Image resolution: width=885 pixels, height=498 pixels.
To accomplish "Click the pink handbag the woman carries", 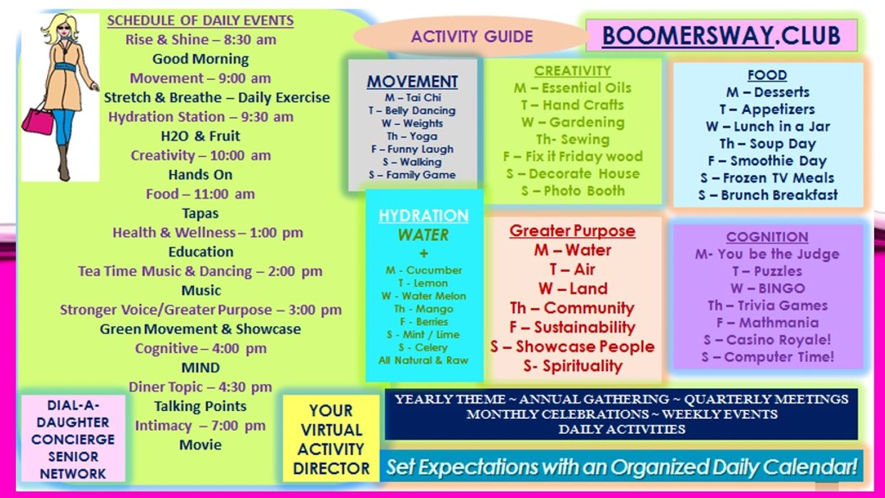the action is click(x=38, y=121).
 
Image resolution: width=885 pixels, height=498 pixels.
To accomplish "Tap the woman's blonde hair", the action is click(x=59, y=29).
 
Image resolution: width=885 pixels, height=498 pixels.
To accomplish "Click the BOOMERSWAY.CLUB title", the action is click(x=721, y=36).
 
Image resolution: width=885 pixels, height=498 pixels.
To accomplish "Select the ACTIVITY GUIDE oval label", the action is click(x=472, y=36).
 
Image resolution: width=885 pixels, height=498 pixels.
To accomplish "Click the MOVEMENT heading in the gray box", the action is click(x=412, y=82).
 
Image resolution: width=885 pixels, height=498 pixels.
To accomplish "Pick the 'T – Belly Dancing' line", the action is click(x=412, y=111).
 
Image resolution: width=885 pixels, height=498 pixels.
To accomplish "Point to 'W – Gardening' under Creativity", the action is click(x=573, y=123).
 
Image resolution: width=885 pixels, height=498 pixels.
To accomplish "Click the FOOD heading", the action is click(x=767, y=75).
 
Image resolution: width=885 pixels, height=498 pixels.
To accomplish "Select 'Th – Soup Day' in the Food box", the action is click(x=767, y=143).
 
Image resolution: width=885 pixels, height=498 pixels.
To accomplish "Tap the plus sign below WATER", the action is click(x=423, y=253).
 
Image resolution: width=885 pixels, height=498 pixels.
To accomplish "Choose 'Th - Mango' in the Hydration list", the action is click(x=423, y=309).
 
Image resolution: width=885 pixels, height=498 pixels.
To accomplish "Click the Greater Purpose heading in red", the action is click(x=572, y=230).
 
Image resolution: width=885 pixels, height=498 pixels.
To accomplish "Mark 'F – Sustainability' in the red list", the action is click(x=572, y=327).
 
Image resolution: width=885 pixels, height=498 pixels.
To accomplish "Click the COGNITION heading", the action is click(x=767, y=237).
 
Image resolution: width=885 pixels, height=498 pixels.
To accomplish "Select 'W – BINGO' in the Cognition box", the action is click(x=767, y=288).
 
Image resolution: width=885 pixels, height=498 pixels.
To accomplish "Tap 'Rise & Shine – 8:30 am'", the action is click(x=201, y=40).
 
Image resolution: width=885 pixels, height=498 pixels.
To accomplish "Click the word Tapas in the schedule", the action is click(x=201, y=213).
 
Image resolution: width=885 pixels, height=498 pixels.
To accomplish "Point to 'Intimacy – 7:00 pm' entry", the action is click(x=201, y=426).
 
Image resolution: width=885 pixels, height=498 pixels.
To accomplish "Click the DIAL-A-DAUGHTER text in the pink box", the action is click(x=73, y=414).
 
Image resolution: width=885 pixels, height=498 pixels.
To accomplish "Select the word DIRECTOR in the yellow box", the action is click(x=331, y=469).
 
